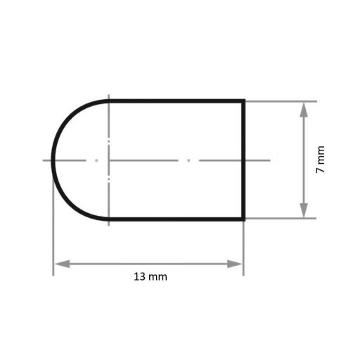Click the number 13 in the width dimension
[x=138, y=277]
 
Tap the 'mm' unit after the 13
[x=159, y=277]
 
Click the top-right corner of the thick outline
[x=244, y=101]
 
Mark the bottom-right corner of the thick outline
[x=244, y=219]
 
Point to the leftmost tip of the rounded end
[x=53, y=160]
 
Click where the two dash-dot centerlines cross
[x=109, y=160]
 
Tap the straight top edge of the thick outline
[x=176, y=101]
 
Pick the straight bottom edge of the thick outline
[x=176, y=219]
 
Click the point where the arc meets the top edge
[x=109, y=101]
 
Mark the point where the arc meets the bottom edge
[x=109, y=219]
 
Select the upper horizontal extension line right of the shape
[x=281, y=101]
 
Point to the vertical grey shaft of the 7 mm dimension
[x=303, y=141]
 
